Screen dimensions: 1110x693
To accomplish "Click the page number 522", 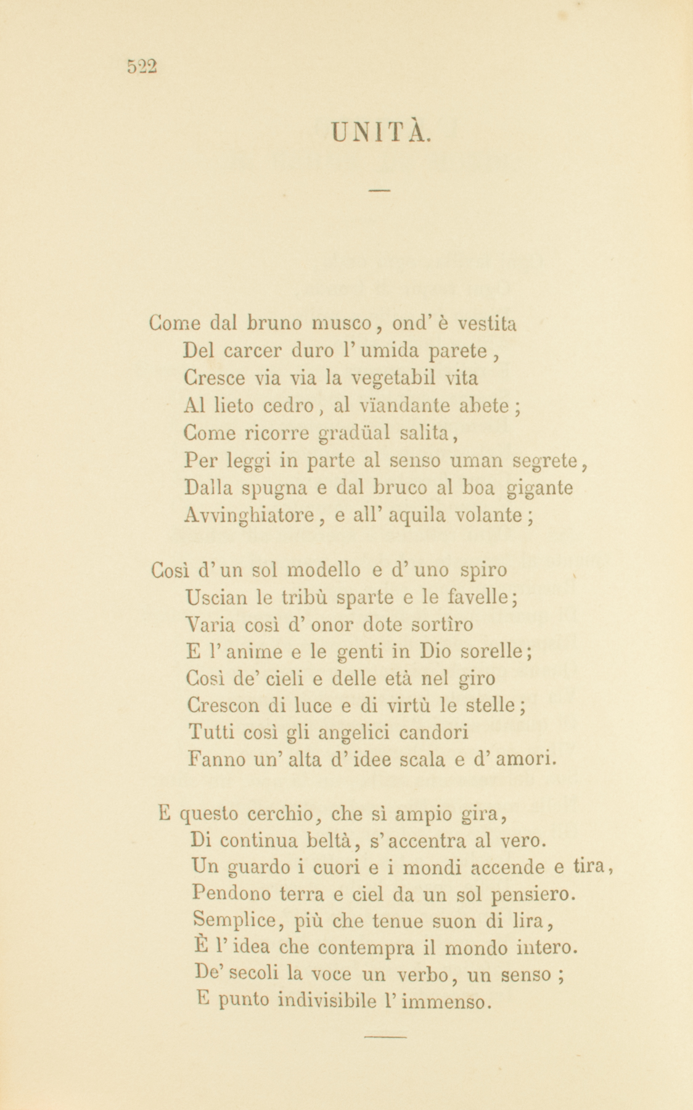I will click(x=142, y=66).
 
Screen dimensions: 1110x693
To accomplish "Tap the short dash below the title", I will click(x=380, y=190).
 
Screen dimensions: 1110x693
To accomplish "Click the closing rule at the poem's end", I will click(x=385, y=1037).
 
